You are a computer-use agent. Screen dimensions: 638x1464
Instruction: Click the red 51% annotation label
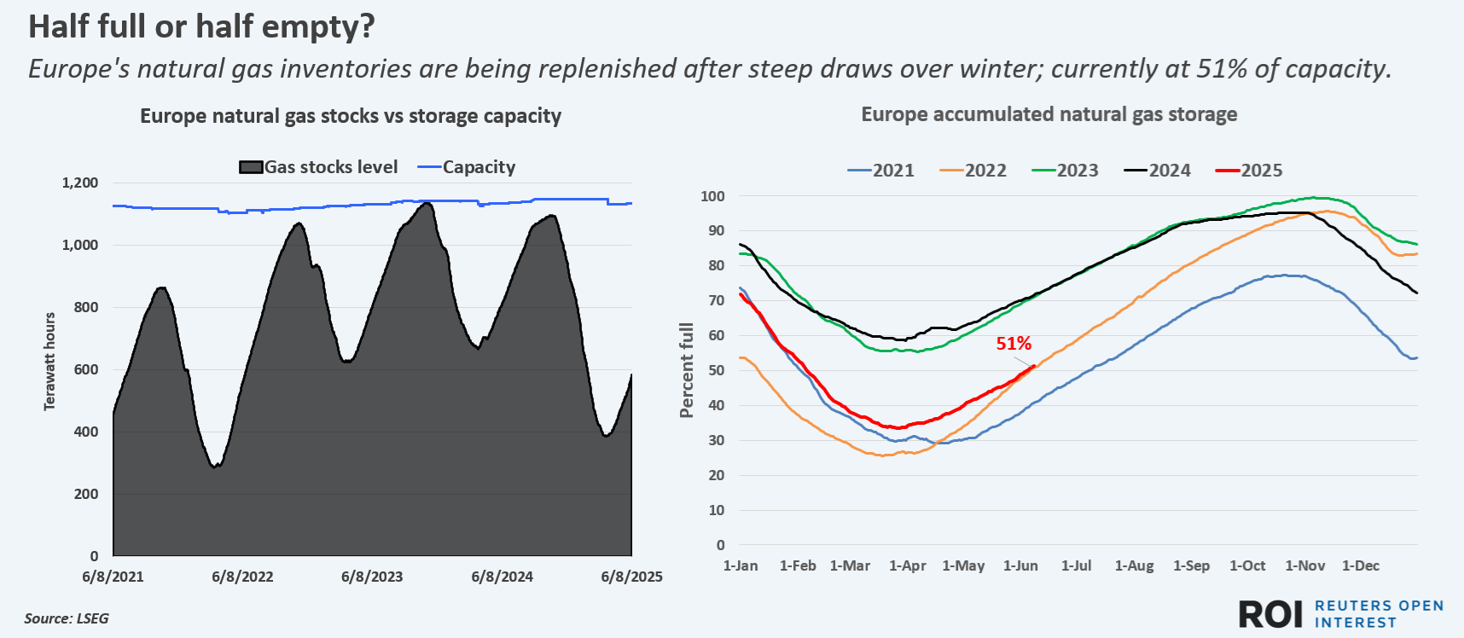coord(1014,344)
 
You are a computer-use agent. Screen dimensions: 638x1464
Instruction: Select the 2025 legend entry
coord(1249,171)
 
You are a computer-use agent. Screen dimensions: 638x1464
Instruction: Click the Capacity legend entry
coord(467,167)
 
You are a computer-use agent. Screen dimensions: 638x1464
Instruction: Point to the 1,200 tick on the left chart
coord(80,183)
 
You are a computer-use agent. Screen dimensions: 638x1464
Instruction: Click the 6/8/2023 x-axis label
coord(372,577)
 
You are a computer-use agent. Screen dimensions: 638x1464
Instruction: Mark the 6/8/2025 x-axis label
coord(631,577)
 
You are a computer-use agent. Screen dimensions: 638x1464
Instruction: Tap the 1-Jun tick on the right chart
coord(1020,565)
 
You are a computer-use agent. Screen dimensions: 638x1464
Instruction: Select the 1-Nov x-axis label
coord(1305,565)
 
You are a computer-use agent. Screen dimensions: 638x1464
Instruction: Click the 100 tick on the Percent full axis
coord(712,196)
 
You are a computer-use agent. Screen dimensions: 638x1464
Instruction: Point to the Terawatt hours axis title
coord(49,362)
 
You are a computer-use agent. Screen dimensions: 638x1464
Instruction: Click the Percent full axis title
coord(686,370)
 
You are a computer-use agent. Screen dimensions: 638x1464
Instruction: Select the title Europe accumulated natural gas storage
coord(1049,114)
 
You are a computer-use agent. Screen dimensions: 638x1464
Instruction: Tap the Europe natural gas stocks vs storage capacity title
coord(351,116)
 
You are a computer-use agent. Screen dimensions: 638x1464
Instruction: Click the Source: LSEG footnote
coord(67,618)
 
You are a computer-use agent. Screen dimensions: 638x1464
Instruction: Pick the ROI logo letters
coord(1270,614)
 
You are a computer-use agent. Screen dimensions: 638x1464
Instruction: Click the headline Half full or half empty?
coord(201,26)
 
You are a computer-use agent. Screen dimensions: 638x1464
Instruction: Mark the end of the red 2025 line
coord(1035,366)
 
